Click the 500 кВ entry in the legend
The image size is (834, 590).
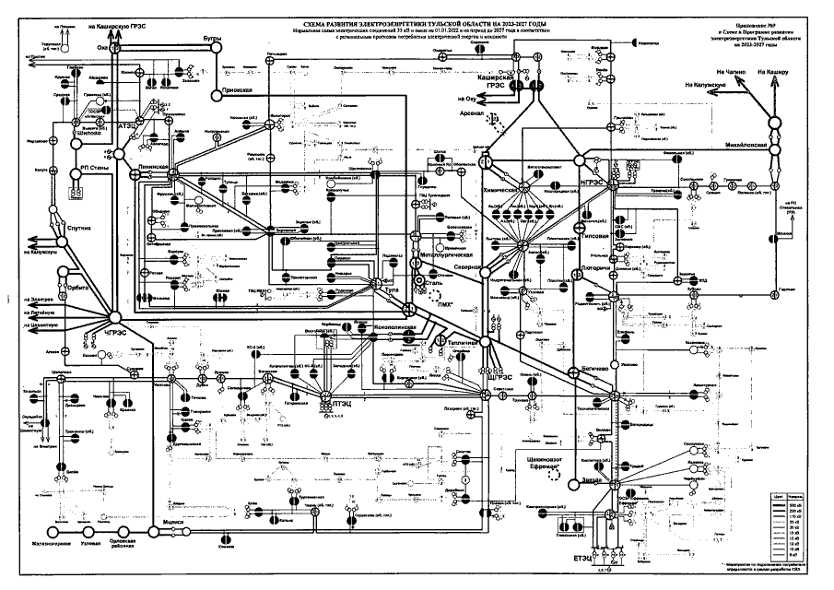793,507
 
